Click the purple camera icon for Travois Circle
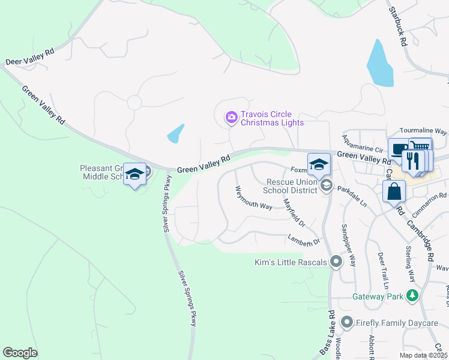(231, 118)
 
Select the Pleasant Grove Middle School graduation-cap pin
(135, 175)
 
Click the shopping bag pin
(394, 192)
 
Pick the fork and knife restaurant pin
(412, 161)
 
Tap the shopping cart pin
(420, 147)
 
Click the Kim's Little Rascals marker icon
(336, 262)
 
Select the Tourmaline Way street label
(424, 131)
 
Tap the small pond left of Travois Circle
(175, 133)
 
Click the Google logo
(20, 353)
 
